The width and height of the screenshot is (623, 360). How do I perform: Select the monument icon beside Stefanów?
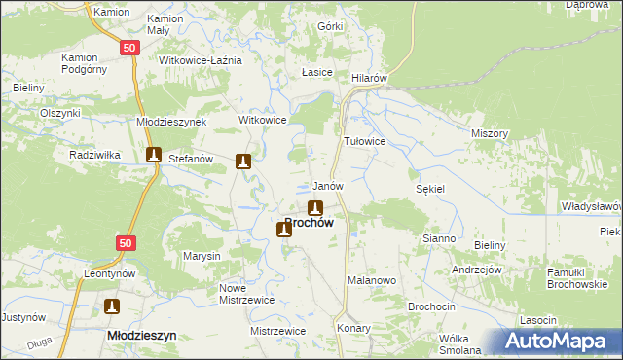pyautogui.click(x=153, y=154)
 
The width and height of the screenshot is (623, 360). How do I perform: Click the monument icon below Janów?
pyautogui.click(x=315, y=207)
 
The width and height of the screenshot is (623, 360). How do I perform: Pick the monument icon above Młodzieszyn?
pyautogui.click(x=112, y=307)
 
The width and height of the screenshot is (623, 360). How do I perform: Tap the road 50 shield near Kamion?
pyautogui.click(x=129, y=47)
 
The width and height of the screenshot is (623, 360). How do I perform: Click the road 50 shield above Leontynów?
pyautogui.click(x=124, y=242)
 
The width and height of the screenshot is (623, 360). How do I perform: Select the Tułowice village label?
pyautogui.click(x=366, y=141)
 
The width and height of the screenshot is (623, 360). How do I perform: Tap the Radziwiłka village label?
pyautogui.click(x=94, y=155)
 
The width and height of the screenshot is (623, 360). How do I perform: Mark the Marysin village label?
pyautogui.click(x=202, y=256)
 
